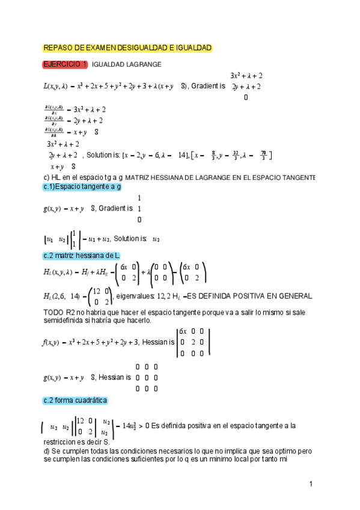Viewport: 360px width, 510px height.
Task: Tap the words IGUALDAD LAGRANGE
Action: (x=126, y=65)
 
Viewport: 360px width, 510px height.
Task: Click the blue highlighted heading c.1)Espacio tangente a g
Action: (x=82, y=187)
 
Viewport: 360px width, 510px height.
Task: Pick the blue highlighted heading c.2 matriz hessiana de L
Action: (x=82, y=255)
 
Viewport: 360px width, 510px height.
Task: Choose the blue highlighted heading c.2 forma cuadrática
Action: (x=75, y=401)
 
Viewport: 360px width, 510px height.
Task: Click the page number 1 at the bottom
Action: (x=311, y=484)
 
